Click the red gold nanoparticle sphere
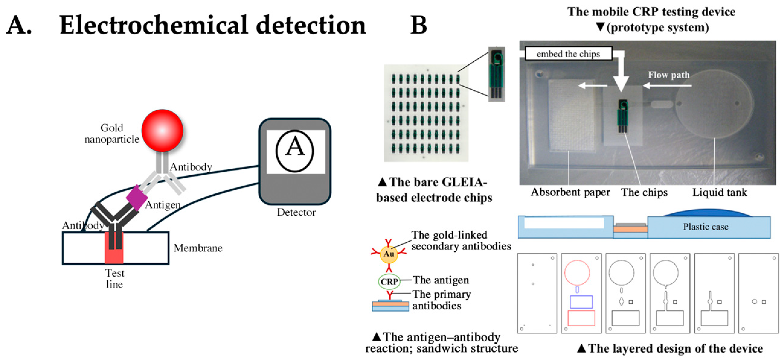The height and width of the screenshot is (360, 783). pos(162,131)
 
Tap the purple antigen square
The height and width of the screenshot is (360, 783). pos(137,197)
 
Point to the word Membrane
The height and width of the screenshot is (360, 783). pos(198,248)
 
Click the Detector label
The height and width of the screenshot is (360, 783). pos(296,212)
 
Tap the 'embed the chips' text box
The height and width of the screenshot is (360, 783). pos(568,54)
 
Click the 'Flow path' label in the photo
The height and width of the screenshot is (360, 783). pos(669,75)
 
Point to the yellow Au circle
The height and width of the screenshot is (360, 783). pos(389,254)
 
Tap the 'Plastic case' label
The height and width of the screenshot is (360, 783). pos(705,227)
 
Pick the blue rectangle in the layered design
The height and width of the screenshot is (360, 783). pos(581,302)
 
